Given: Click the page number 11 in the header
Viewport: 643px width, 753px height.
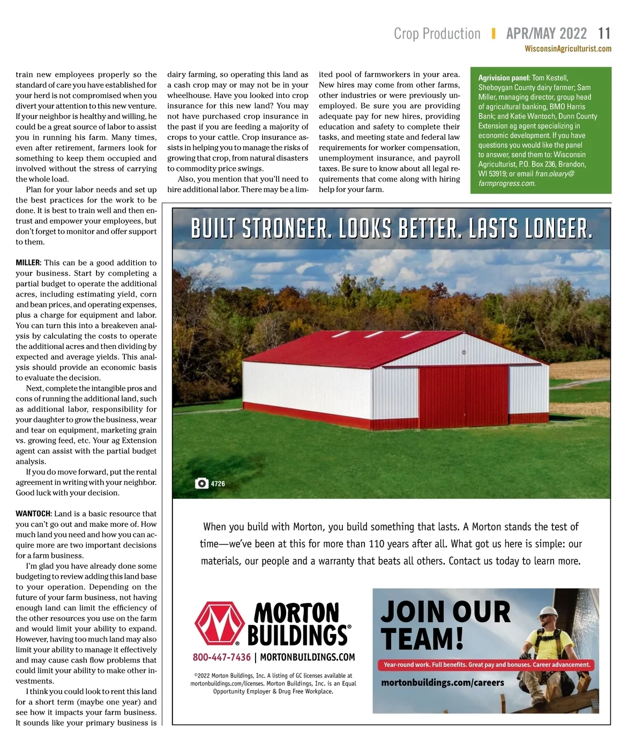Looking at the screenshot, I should tap(604, 34).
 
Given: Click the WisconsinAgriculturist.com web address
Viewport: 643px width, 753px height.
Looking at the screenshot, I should tap(568, 49).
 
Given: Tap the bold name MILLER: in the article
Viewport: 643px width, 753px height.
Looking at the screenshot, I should tap(28, 263).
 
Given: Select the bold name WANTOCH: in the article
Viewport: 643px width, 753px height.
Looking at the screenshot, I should tap(33, 513).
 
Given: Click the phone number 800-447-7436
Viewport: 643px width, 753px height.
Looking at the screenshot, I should tap(221, 657).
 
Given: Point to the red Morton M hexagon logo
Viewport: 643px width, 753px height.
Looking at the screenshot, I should tap(219, 623).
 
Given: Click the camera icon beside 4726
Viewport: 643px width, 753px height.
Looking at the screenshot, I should tap(201, 483).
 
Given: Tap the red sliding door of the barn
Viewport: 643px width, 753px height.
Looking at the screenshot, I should tap(463, 394).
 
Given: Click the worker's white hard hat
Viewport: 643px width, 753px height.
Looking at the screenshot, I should tap(549, 612).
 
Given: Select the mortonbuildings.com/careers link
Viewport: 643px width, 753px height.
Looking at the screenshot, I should tap(443, 683).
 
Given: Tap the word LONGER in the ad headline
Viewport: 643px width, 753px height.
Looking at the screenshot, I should tap(557, 229).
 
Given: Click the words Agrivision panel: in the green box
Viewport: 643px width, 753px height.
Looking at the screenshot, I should tap(504, 78).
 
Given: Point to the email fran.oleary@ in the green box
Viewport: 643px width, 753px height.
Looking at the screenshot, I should tap(554, 174).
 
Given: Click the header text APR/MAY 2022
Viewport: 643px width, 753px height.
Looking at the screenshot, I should tap(546, 34).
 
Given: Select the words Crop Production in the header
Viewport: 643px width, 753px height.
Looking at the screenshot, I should tap(437, 34).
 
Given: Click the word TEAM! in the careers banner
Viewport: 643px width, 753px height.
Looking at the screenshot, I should tap(422, 639).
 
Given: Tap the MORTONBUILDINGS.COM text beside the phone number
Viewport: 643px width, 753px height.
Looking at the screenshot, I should tap(308, 657).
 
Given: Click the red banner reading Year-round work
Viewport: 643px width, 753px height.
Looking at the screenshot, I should tap(487, 665).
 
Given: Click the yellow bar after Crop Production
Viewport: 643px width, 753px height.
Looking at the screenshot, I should tap(493, 34).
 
